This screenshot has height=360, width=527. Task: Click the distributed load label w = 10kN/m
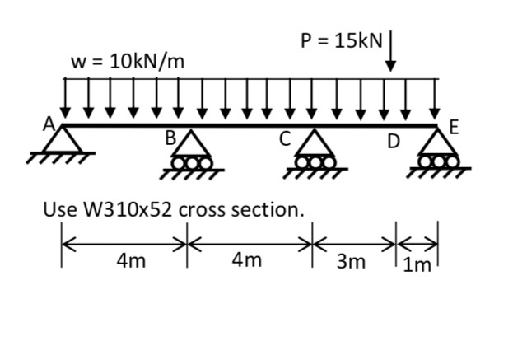[x=128, y=60]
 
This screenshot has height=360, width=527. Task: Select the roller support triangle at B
[x=193, y=145]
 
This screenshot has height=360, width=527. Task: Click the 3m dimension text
[x=350, y=262]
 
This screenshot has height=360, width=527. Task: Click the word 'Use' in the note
[x=58, y=210]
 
